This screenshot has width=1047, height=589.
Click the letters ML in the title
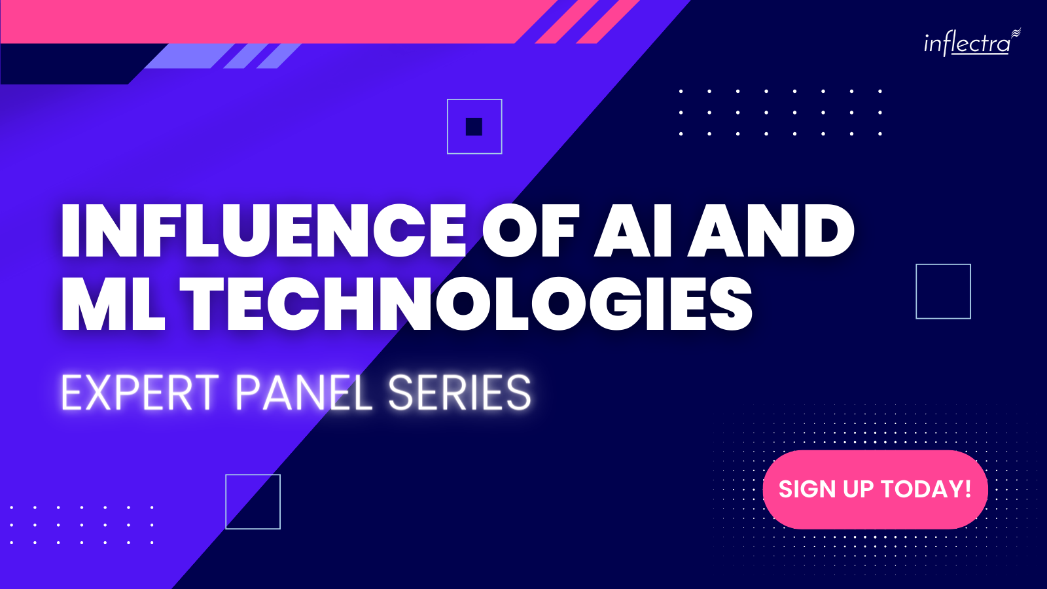click(x=113, y=304)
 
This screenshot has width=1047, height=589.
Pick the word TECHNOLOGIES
click(x=466, y=304)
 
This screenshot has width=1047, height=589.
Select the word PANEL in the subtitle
click(x=304, y=393)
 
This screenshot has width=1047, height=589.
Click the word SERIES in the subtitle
click(x=459, y=393)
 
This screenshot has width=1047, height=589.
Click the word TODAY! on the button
click(x=927, y=489)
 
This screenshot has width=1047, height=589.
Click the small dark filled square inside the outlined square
click(x=474, y=127)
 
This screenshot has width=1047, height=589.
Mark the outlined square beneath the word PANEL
click(x=253, y=475)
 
